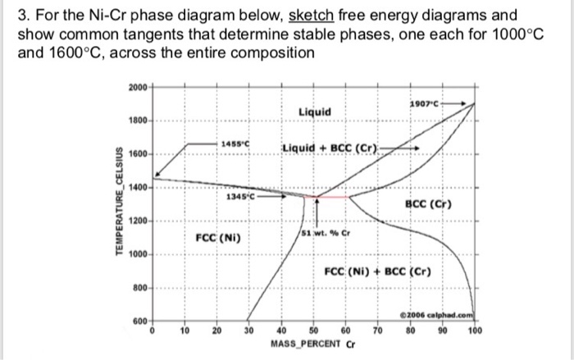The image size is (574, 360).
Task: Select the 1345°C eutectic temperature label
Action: click(x=240, y=196)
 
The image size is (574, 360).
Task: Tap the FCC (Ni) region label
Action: click(x=216, y=238)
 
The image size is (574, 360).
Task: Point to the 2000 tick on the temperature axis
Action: click(x=139, y=86)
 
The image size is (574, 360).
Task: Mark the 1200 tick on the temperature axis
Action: click(x=139, y=222)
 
